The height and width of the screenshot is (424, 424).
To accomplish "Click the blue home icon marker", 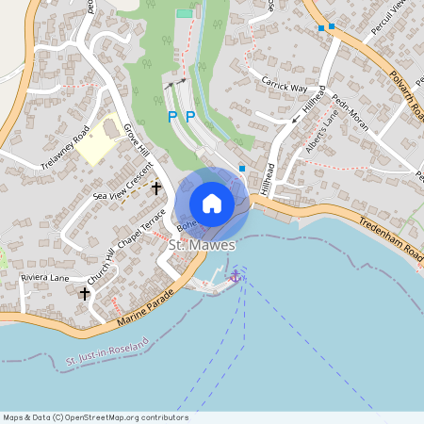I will point(212,204).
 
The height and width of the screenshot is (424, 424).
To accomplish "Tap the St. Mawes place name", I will point(202,245).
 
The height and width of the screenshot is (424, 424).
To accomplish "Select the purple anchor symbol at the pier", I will point(236,275).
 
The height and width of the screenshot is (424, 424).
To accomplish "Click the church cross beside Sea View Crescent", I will point(155,188).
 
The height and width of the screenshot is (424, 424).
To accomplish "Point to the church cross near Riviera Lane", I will point(85,294).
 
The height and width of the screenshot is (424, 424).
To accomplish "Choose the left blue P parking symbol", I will point(171,117).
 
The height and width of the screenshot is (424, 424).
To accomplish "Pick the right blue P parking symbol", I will point(189,117).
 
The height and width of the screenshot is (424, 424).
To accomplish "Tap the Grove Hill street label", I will point(137,152).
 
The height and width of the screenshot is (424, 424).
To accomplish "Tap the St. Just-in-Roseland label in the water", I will point(108,355).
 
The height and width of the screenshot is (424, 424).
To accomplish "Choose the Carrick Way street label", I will point(285,87).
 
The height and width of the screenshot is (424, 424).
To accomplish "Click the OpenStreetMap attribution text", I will point(95,417).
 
